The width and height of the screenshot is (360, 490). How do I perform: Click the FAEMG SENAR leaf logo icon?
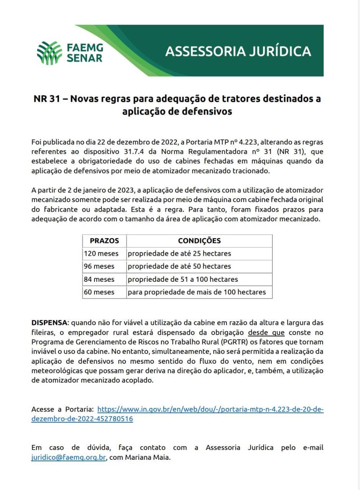pos(49,52)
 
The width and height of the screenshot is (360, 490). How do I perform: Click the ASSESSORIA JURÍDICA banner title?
pos(238,51)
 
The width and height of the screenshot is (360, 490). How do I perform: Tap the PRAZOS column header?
pos(104,241)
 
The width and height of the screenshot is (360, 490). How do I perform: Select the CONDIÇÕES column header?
pos(199,241)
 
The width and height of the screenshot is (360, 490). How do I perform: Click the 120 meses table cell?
pos(101,253)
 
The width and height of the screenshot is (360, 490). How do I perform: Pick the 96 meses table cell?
pos(99,266)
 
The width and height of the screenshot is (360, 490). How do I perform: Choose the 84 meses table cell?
pos(99,279)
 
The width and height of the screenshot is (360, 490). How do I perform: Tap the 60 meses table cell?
pos(99,292)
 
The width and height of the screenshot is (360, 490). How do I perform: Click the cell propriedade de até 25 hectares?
pos(179,253)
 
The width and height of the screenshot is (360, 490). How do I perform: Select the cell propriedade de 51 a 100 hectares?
pos(183,279)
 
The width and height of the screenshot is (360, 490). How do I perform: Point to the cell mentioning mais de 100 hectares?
pos(197,292)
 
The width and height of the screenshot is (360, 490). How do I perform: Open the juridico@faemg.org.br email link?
pos(68,457)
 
